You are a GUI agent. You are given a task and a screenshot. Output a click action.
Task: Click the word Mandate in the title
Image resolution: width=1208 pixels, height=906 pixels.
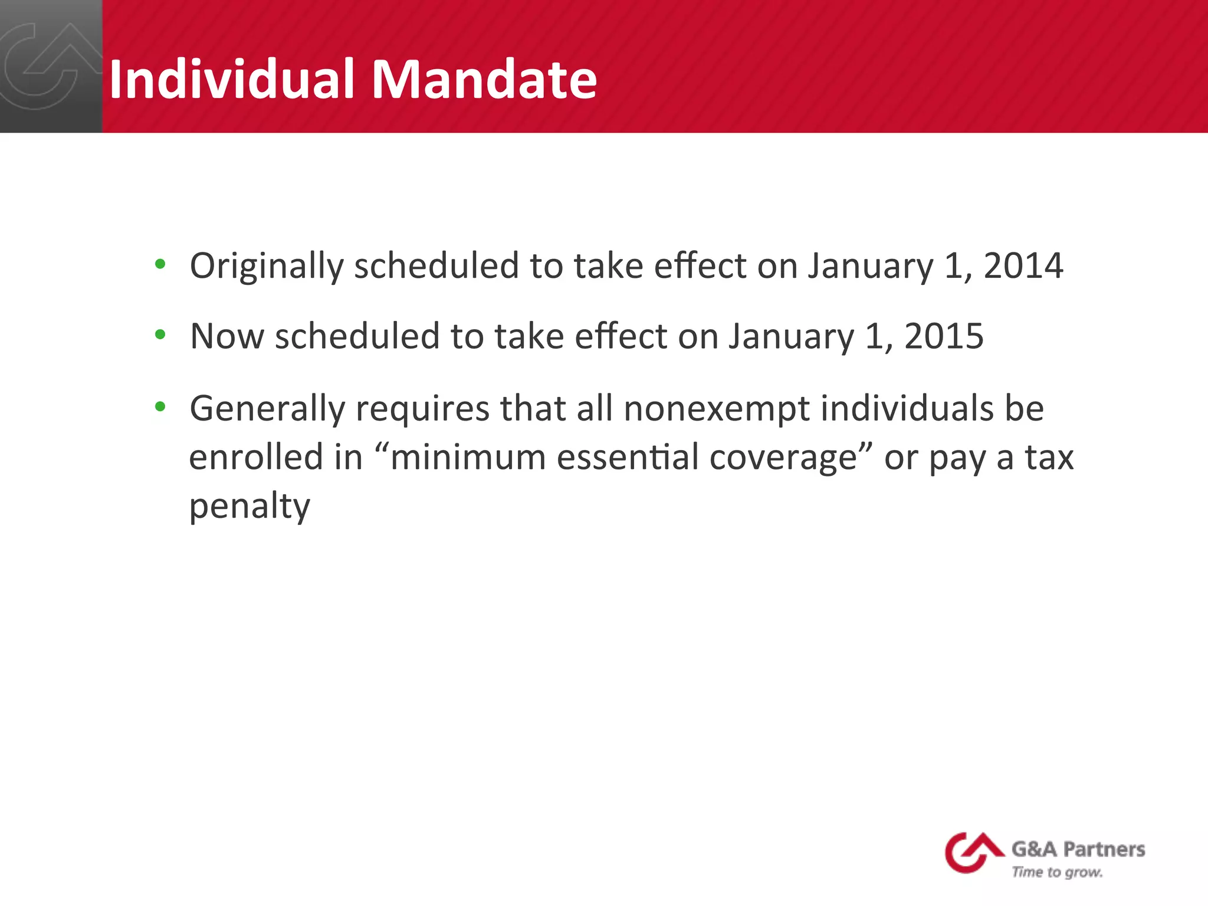click(x=484, y=79)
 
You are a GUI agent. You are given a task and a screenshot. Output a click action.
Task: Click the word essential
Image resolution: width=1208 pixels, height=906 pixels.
click(x=628, y=457)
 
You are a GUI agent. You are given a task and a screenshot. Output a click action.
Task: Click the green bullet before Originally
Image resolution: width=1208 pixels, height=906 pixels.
click(x=160, y=264)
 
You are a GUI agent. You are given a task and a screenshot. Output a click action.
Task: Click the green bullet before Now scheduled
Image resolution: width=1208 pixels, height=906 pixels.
click(x=160, y=335)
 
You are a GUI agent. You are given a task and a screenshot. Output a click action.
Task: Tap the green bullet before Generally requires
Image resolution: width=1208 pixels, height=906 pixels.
click(x=160, y=406)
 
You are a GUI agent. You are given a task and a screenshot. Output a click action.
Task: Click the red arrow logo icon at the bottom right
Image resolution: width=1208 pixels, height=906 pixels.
click(x=973, y=852)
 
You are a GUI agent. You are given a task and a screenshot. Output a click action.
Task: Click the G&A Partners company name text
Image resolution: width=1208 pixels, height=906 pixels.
click(x=1078, y=849)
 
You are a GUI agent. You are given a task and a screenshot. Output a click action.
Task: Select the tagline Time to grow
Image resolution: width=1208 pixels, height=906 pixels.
click(x=1057, y=872)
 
